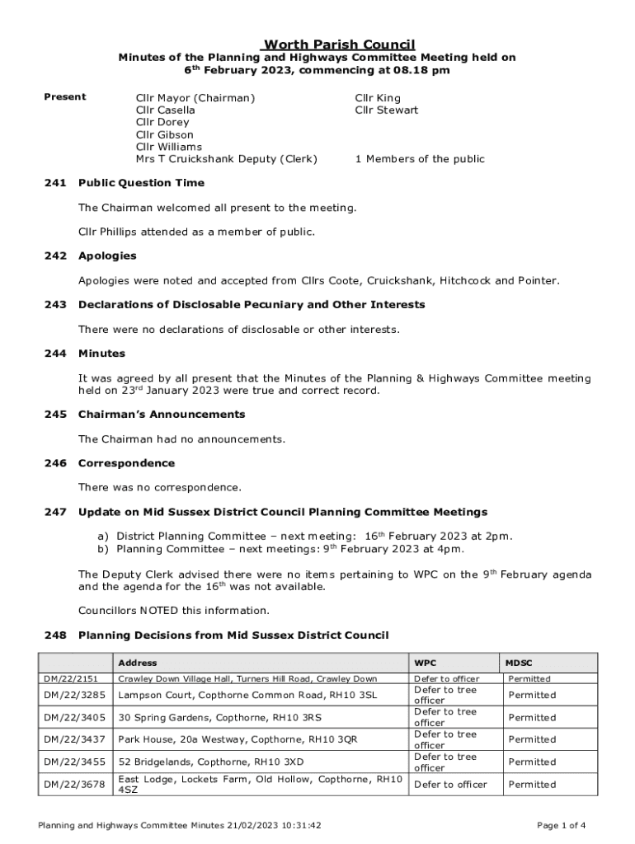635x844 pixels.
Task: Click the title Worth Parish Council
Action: click(338, 45)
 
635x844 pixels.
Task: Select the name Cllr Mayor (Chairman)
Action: click(195, 97)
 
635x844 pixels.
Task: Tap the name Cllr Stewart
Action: click(386, 110)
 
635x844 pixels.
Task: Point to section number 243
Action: click(55, 305)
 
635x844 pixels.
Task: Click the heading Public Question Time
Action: click(141, 183)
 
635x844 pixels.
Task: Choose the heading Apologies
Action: click(107, 256)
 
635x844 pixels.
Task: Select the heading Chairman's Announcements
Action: click(162, 415)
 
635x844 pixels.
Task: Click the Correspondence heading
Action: click(126, 463)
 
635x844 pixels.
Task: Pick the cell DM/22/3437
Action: click(74, 739)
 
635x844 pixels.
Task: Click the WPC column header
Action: click(426, 663)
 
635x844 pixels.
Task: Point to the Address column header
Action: click(138, 663)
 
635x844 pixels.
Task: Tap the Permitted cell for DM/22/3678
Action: click(532, 785)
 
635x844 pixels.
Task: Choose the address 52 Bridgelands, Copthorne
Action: click(211, 762)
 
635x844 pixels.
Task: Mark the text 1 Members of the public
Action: click(420, 159)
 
